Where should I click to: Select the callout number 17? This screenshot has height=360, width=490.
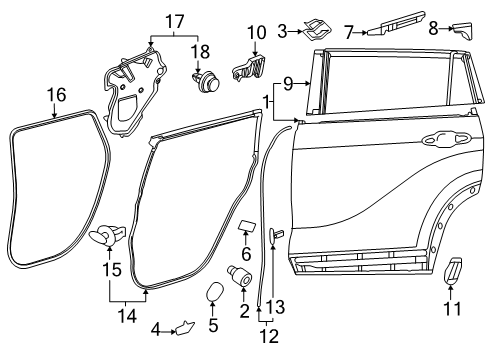click(175, 20)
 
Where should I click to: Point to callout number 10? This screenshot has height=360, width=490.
click(256, 33)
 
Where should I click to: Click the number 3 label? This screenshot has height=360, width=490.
click(283, 33)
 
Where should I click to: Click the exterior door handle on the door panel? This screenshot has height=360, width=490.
click(444, 139)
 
